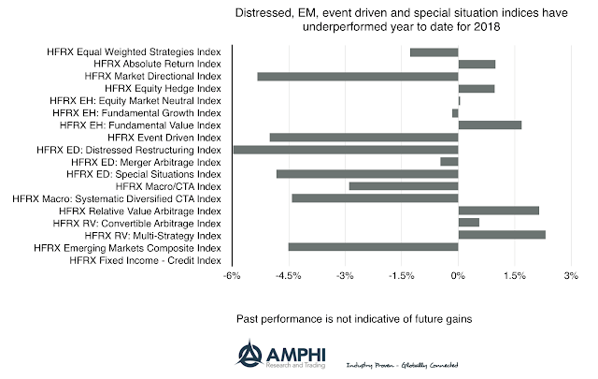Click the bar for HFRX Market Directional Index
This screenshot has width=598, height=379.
(358, 76)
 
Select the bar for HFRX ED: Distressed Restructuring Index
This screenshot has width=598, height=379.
(346, 149)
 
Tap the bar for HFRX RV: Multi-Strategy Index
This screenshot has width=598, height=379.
(502, 235)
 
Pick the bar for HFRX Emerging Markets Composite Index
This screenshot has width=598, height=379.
(374, 247)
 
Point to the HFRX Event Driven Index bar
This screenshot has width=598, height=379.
(363, 137)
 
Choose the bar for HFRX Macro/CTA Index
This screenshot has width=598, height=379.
(404, 185)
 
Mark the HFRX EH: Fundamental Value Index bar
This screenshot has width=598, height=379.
(490, 124)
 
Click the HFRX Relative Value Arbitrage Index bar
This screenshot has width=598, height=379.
(499, 211)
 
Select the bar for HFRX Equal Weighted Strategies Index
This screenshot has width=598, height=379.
(434, 51)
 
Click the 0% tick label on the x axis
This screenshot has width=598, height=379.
(458, 276)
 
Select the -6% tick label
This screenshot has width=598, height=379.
(233, 276)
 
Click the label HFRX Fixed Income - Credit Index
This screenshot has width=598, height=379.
(146, 260)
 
